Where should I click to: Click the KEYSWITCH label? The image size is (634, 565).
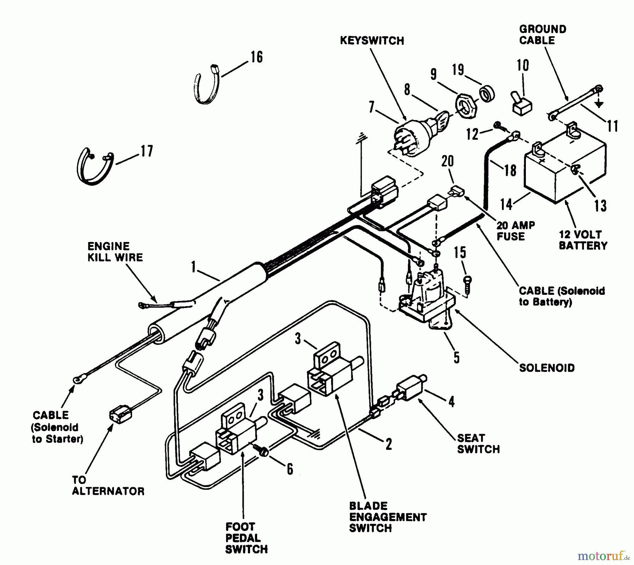pos(372,41)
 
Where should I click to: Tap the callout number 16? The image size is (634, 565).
pos(256,57)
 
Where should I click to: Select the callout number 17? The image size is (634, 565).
pos(147,151)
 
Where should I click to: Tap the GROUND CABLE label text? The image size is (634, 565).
pos(542,35)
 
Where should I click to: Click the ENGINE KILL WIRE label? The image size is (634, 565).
pos(115,252)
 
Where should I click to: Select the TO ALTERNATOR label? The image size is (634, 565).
pos(108,485)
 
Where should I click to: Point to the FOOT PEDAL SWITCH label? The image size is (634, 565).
pos(246,538)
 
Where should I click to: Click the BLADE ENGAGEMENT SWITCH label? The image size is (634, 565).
pos(387,517)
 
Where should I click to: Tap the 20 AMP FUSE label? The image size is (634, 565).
pos(515,230)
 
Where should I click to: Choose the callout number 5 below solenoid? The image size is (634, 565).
pos(456,358)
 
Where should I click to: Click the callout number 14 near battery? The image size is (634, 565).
pos(506,204)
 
